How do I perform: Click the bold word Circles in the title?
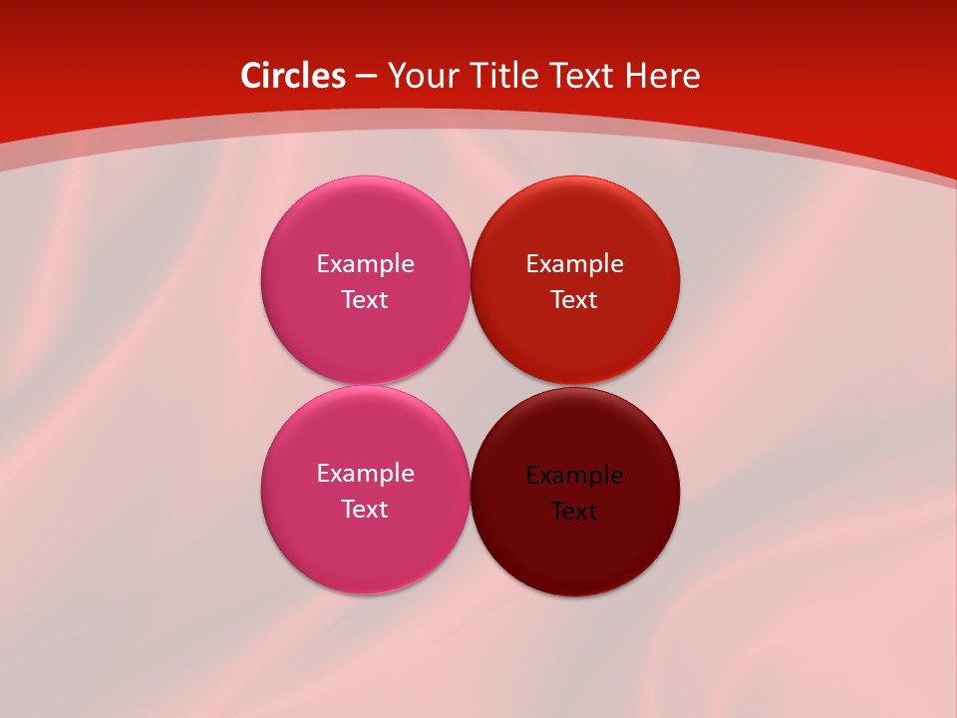click(x=293, y=76)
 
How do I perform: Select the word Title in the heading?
click(x=504, y=76)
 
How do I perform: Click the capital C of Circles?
click(x=251, y=76)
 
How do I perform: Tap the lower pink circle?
click(x=365, y=548)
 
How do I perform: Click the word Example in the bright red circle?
click(x=575, y=264)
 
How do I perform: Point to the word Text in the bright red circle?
click(x=574, y=300)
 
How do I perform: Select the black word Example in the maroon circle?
click(x=575, y=476)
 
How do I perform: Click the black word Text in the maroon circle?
click(x=574, y=512)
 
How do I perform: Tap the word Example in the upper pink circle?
click(x=365, y=264)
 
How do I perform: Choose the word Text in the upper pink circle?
click(x=365, y=300)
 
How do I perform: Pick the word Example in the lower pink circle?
click(x=365, y=474)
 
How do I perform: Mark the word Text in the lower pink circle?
click(x=365, y=510)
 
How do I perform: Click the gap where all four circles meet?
click(x=470, y=385)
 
